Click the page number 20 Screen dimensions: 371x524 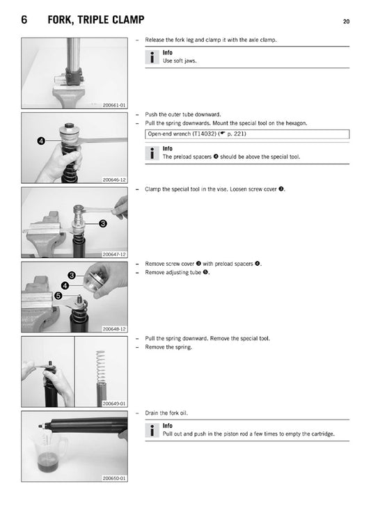[346, 22]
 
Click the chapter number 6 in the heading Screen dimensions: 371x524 [24, 19]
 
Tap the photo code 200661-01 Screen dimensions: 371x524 [114, 105]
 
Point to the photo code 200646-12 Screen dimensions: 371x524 [114, 180]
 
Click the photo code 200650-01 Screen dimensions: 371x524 [114, 478]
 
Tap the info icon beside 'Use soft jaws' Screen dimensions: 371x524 [152, 57]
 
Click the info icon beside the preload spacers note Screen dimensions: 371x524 [152, 153]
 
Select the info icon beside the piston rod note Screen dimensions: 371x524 [152, 431]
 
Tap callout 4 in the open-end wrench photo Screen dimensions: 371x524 [41, 141]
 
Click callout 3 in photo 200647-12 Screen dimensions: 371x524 [103, 223]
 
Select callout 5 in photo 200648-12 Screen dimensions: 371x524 [58, 296]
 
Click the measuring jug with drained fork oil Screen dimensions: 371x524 [50, 451]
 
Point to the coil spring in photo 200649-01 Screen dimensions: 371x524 [101, 367]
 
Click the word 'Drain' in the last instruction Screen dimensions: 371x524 [151, 413]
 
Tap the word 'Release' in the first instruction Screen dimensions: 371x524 [155, 40]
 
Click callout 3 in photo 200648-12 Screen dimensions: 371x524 [72, 276]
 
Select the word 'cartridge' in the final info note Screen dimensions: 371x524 [322, 434]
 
